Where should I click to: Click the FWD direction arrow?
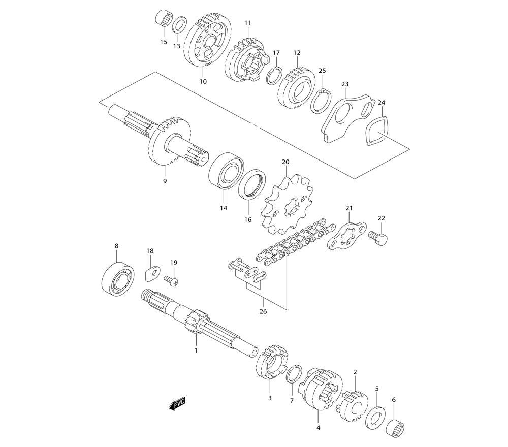[x=177, y=404]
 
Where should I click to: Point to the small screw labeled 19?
[x=171, y=280]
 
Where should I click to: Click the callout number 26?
[x=263, y=311]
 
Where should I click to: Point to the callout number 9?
[x=165, y=181]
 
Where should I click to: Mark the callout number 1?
[x=196, y=350]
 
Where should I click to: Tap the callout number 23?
[x=345, y=84]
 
